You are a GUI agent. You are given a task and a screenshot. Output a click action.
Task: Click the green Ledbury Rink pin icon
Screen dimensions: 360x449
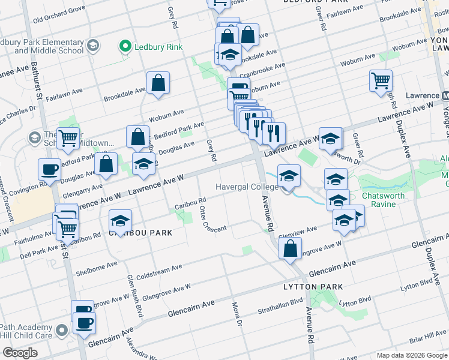click(125, 46)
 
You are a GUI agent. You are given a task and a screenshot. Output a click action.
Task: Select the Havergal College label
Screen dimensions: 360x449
click(247, 187)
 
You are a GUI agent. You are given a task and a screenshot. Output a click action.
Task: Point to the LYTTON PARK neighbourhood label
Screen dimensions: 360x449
click(313, 287)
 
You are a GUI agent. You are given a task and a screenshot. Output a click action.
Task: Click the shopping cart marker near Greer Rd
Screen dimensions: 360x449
click(381, 82)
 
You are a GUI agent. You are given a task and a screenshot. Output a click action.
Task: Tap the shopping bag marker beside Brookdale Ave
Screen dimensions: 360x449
click(158, 84)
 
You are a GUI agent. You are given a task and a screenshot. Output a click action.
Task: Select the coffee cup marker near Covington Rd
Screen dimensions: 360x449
click(49, 170)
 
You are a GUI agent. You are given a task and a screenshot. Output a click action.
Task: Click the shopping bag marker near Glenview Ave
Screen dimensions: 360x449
click(290, 249)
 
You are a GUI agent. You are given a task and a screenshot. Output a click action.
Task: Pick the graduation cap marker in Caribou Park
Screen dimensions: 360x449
click(120, 221)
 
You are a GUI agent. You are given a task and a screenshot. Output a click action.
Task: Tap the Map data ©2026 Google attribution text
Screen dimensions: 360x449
click(411, 355)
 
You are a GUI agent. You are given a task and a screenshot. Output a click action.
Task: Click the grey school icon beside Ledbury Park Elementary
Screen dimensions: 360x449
click(93, 46)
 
